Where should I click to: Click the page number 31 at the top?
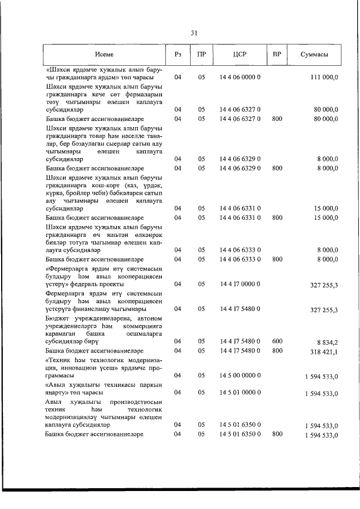point(193,33)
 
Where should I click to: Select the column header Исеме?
point(104,55)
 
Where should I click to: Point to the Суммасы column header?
point(314,55)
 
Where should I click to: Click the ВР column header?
point(276,55)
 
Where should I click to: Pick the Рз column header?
point(178,55)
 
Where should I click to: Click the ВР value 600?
point(276,341)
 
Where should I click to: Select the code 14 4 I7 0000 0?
point(240,284)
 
